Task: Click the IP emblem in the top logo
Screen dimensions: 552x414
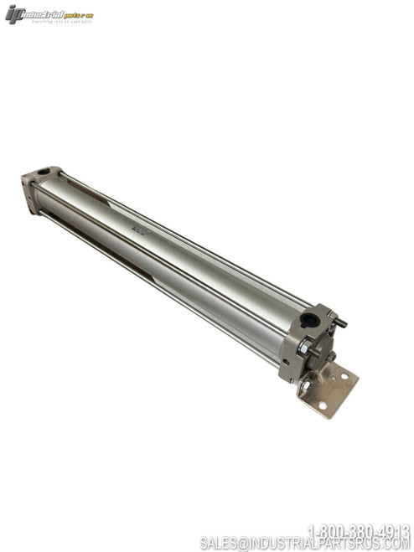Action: [14, 14]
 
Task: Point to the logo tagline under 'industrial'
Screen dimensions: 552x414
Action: [59, 22]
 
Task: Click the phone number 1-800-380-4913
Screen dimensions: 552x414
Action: [359, 530]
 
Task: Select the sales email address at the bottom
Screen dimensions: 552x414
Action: [305, 544]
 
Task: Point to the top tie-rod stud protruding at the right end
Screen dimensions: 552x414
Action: [339, 322]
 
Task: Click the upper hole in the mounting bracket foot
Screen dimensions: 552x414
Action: [344, 376]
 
